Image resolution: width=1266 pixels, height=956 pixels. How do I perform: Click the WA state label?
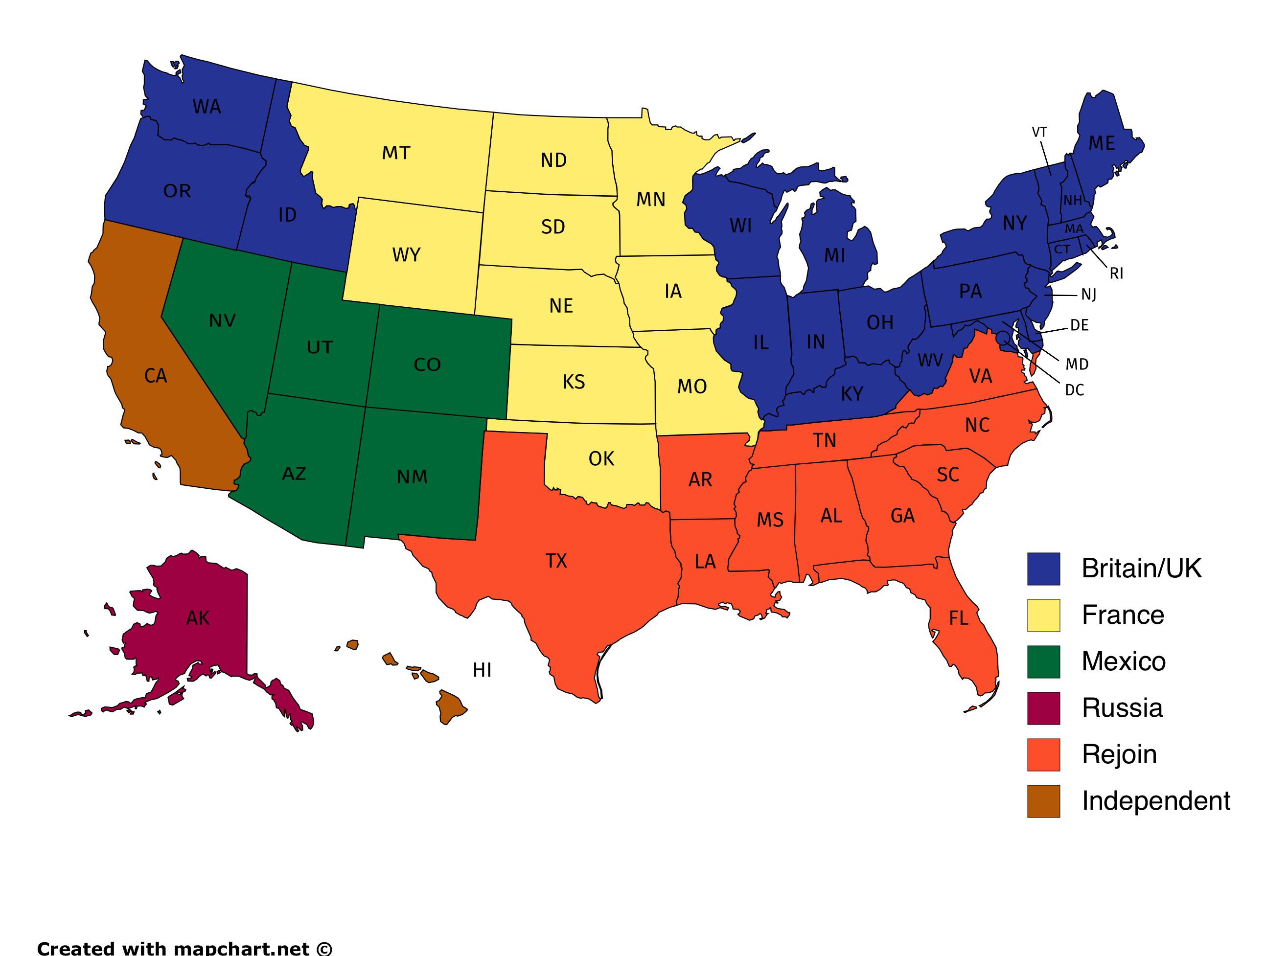click(207, 107)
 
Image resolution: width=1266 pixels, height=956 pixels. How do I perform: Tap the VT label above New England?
click(1039, 133)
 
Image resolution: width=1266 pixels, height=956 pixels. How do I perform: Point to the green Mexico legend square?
click(1043, 662)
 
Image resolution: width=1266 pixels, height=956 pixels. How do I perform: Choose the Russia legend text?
click(1122, 708)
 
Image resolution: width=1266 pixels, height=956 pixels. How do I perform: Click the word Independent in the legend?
click(1155, 801)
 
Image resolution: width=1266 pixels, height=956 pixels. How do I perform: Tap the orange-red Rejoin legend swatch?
click(1043, 754)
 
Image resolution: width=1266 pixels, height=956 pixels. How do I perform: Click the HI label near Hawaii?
click(482, 670)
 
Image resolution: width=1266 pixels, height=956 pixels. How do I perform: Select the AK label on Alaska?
click(198, 618)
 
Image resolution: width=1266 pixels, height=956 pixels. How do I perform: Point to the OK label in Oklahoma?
click(601, 459)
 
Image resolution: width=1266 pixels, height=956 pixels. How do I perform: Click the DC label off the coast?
click(1074, 390)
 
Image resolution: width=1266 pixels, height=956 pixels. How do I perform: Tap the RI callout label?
click(1116, 274)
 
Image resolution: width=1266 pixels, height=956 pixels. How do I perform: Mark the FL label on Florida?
click(959, 618)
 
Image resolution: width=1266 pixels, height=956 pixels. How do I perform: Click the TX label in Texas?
click(556, 561)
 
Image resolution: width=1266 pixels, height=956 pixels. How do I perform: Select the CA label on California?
click(156, 376)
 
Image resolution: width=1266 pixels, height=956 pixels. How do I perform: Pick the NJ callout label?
click(1088, 295)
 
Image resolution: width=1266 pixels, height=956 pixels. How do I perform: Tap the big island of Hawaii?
click(450, 707)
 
